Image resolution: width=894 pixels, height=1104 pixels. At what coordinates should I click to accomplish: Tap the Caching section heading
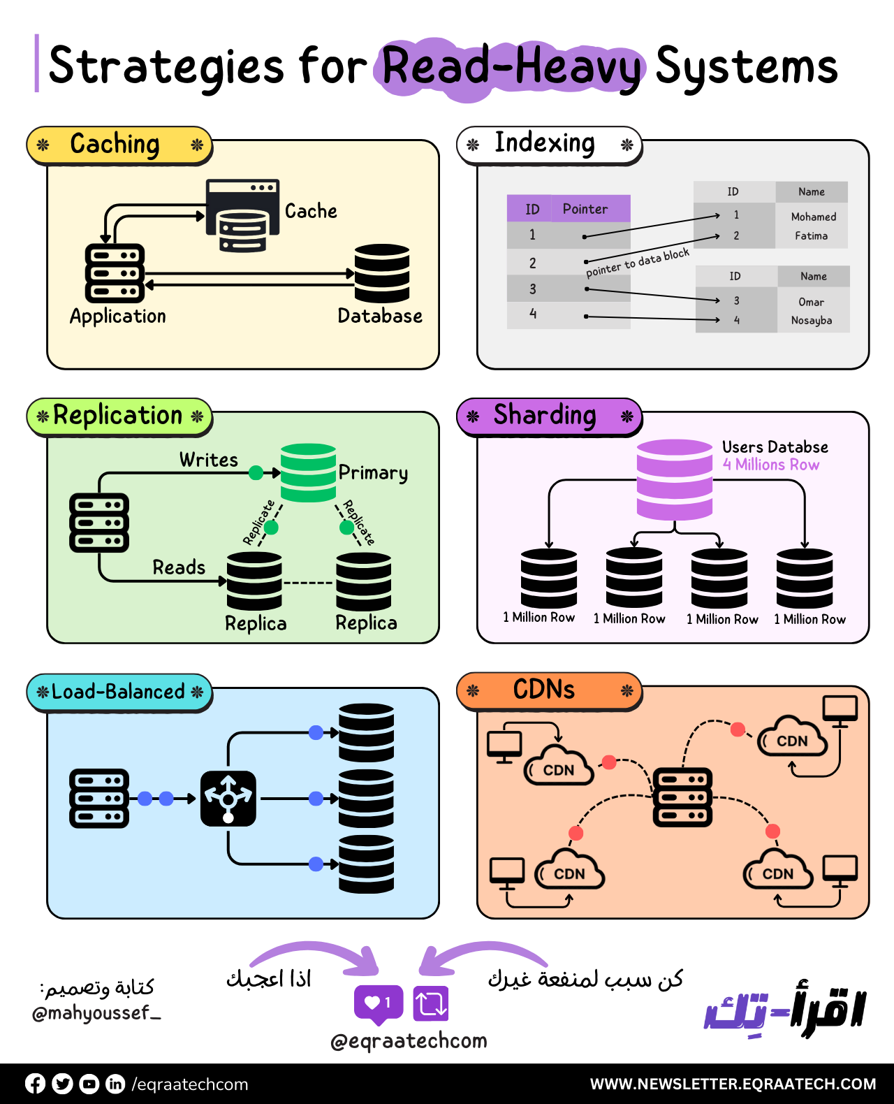click(116, 145)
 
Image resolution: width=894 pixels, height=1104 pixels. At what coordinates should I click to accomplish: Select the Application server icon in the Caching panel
click(114, 273)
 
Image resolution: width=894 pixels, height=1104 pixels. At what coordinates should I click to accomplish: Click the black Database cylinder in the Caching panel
click(381, 273)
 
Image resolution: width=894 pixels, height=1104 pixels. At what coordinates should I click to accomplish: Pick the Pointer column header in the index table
click(585, 209)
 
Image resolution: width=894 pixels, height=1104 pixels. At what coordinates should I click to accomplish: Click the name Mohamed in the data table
click(813, 217)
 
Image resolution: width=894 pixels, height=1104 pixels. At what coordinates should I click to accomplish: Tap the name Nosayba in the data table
click(812, 320)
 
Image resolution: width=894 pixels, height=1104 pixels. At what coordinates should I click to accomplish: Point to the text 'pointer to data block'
click(637, 263)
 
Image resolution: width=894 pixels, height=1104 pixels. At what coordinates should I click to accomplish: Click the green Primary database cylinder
click(308, 472)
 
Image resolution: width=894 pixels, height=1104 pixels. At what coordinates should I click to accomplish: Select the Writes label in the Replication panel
click(208, 460)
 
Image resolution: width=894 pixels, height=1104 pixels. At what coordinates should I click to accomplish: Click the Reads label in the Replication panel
click(179, 567)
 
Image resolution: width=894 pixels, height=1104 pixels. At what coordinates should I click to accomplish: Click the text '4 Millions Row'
click(771, 465)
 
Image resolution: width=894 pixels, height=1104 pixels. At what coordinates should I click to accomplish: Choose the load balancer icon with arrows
click(228, 799)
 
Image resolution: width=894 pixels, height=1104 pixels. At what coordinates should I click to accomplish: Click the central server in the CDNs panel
click(682, 797)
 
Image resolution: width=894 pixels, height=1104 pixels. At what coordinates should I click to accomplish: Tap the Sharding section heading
click(545, 415)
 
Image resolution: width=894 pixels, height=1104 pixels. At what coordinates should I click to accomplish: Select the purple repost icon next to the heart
click(430, 1003)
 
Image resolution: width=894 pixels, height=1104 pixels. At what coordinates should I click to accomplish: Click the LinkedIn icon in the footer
click(115, 1084)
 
